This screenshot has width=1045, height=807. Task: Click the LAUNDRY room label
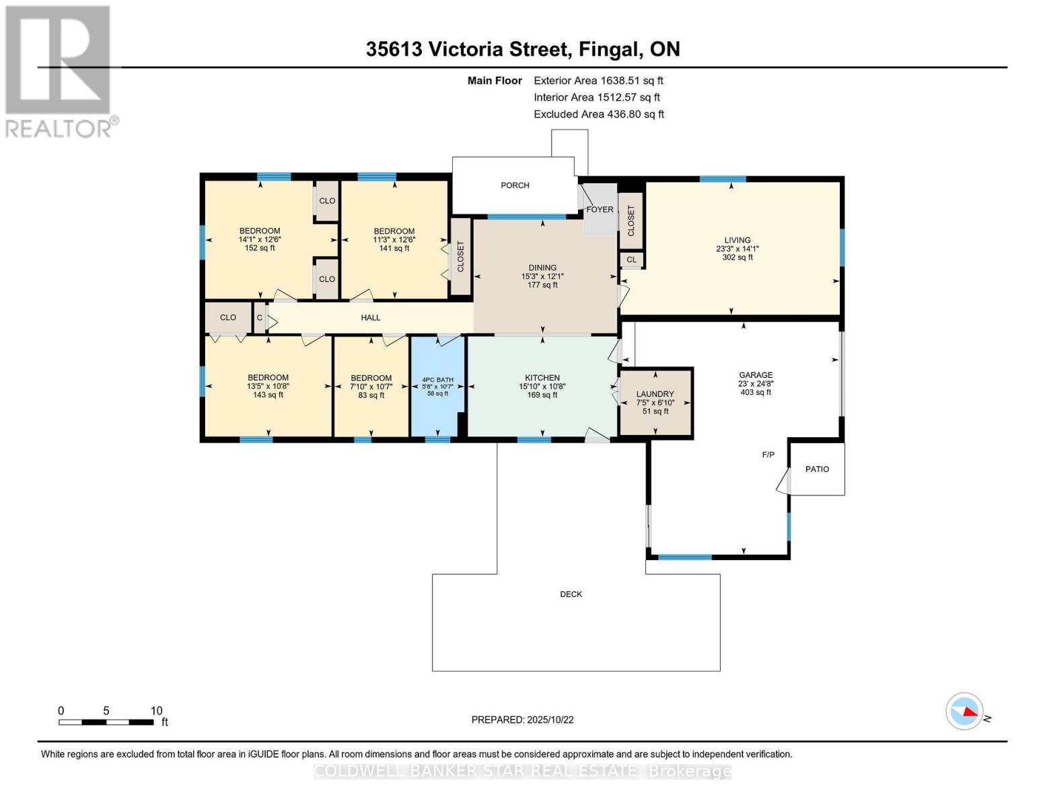click(x=655, y=394)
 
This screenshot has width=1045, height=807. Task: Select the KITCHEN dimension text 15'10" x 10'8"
click(x=542, y=387)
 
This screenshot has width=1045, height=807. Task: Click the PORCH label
click(x=515, y=186)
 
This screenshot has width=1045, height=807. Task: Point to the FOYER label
click(x=600, y=210)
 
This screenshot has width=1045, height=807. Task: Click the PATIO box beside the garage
click(x=817, y=469)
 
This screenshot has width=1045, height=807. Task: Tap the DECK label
click(x=571, y=594)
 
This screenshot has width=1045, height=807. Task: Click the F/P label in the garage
click(x=768, y=455)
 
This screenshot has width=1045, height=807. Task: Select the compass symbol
click(x=964, y=712)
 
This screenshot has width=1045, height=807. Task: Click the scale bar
click(x=106, y=722)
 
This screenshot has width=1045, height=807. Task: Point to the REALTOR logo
click(x=59, y=71)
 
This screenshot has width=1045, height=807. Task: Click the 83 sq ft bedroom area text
click(x=371, y=395)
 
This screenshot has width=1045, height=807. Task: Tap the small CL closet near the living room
click(x=631, y=260)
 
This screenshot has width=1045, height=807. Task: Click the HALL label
click(x=371, y=318)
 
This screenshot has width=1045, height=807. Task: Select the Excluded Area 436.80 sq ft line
click(x=598, y=114)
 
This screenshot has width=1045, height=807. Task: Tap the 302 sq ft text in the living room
click(x=737, y=258)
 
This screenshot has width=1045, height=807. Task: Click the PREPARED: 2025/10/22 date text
click(x=522, y=720)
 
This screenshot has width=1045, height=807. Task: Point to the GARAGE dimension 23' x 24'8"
click(x=756, y=384)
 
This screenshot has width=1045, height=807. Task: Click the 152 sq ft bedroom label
click(x=260, y=248)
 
